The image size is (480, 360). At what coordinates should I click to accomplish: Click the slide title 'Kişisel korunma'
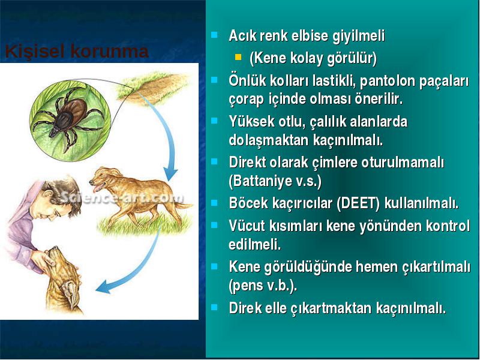coord(77,51)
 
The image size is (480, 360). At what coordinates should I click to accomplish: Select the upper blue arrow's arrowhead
coord(170,174)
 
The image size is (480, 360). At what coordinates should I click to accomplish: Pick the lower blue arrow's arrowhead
coord(103,287)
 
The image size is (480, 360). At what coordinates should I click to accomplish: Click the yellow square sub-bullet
coord(238,57)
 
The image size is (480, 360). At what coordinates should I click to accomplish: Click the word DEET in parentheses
coord(358,203)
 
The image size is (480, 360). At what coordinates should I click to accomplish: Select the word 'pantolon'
coord(387,81)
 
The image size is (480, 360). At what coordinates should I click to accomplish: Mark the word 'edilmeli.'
coord(254,244)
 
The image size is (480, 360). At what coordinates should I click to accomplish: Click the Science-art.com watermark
coord(122,197)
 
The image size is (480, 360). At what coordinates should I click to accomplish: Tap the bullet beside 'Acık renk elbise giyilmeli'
coord(214,34)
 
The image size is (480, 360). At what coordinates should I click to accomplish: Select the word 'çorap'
coord(246,100)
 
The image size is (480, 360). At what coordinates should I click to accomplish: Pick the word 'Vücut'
coord(246,226)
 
